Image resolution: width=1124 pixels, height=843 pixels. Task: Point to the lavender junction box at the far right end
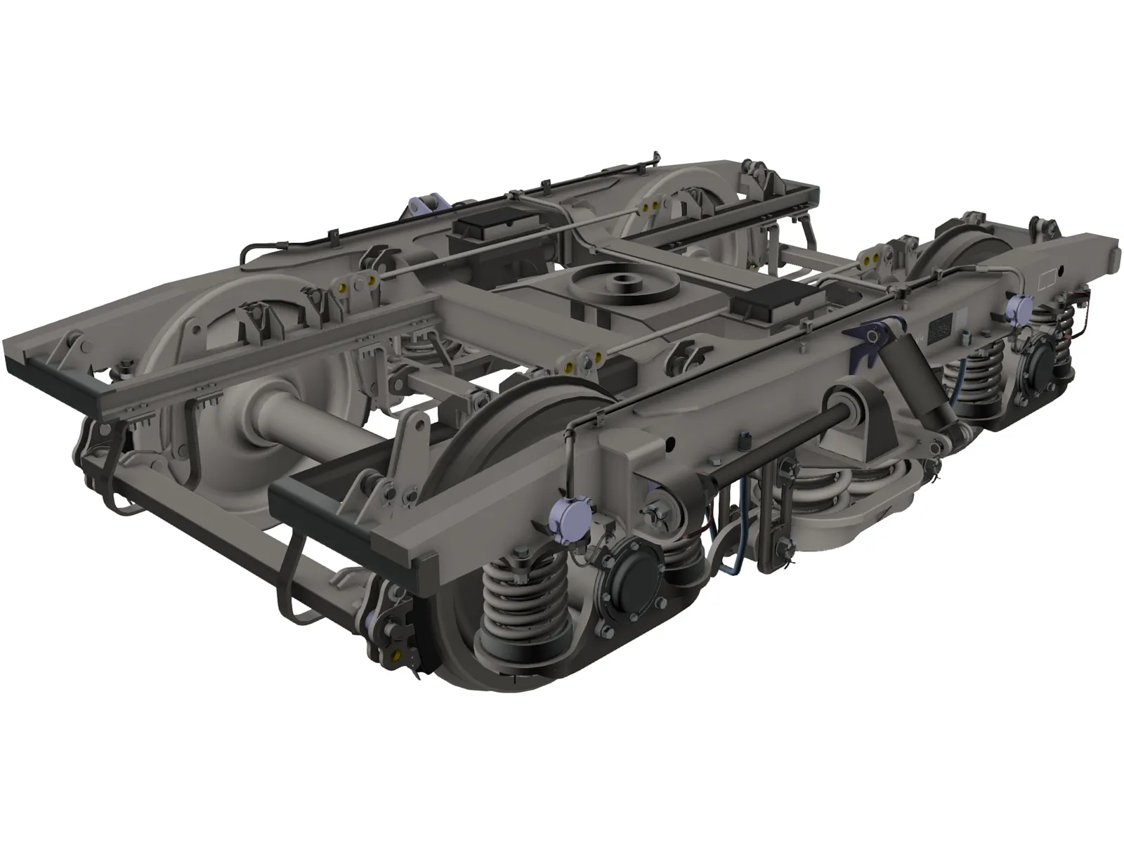click(1017, 306)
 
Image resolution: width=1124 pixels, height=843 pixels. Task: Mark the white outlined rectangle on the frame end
click(1047, 280)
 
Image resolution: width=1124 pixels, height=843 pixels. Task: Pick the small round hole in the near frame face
click(670, 442)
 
